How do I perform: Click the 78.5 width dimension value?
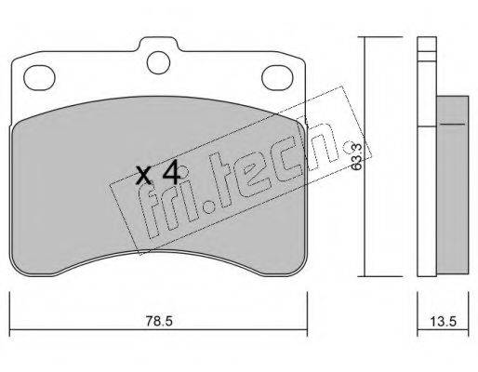(x=159, y=321)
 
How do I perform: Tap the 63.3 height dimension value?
(x=357, y=156)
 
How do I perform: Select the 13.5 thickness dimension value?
(x=444, y=322)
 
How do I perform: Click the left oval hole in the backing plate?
(x=39, y=78)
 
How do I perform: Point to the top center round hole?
(x=159, y=62)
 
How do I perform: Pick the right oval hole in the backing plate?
(x=277, y=78)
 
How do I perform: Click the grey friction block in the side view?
(x=453, y=185)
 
